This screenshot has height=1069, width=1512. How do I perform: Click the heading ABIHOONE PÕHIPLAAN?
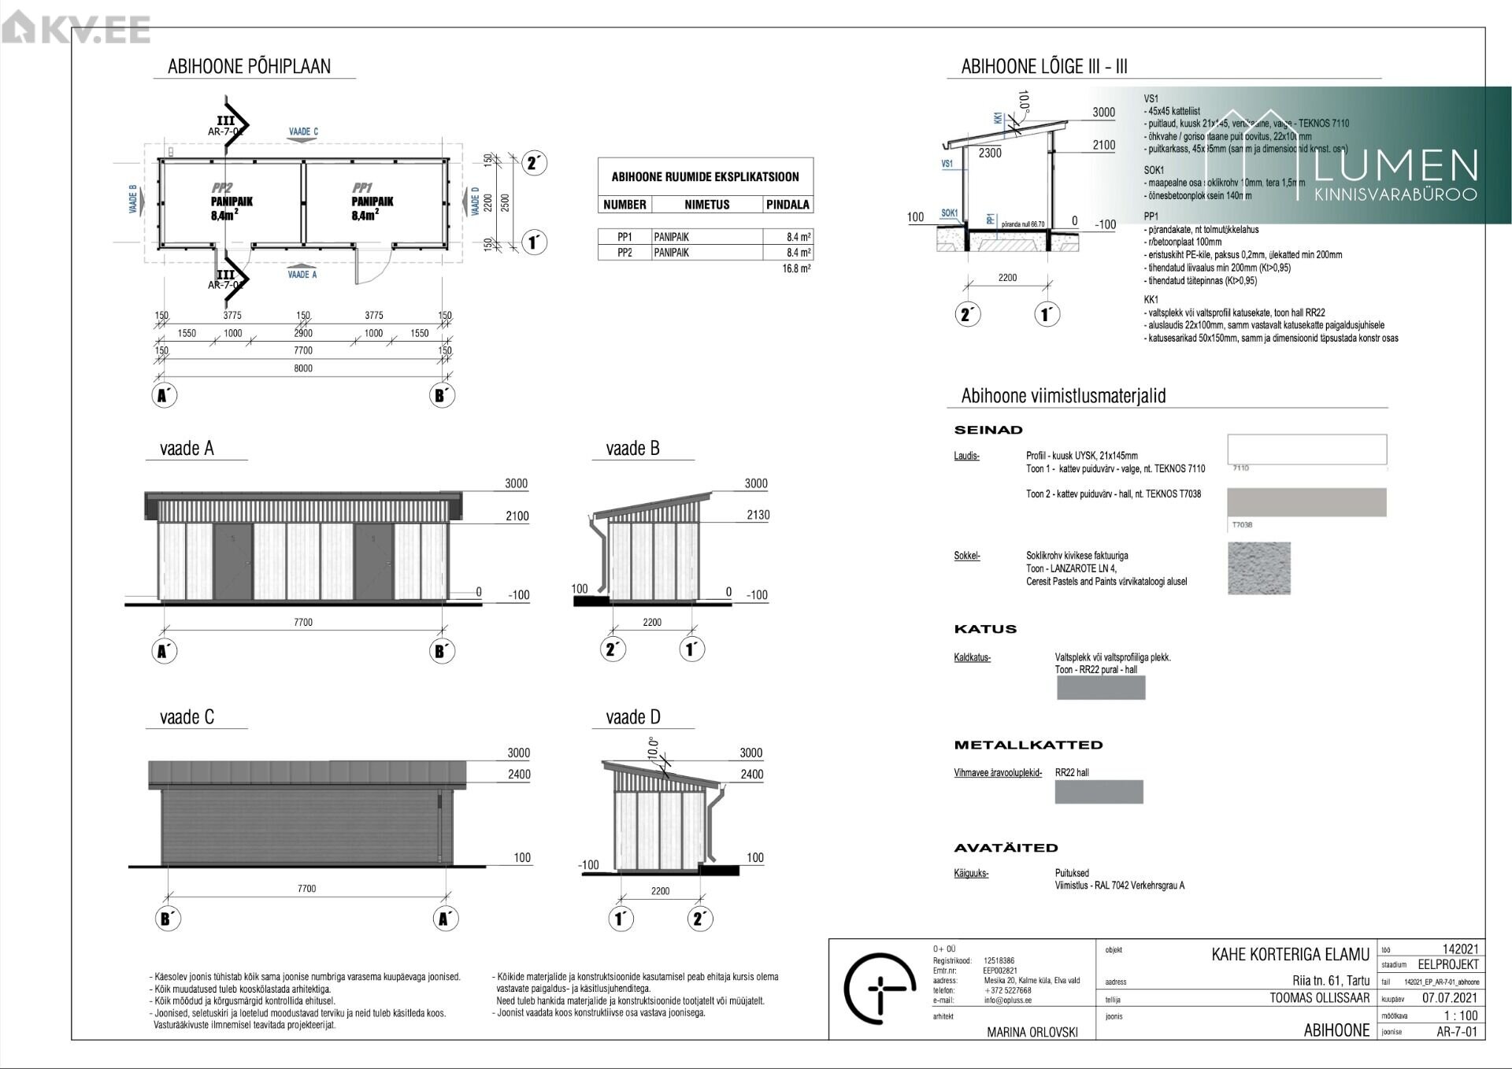[x=249, y=67]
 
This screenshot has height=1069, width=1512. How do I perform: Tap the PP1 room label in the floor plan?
[x=362, y=188]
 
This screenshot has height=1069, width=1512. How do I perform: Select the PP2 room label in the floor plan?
[x=222, y=188]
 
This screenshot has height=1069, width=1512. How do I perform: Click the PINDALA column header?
[x=787, y=205]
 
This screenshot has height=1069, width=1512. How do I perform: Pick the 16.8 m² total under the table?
[x=796, y=268]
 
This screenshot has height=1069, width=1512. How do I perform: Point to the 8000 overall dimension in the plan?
[x=303, y=368]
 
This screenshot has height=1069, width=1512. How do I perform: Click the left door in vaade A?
[x=233, y=560]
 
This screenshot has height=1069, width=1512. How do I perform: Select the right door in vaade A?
[x=374, y=560]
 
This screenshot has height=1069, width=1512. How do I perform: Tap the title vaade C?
[x=187, y=717]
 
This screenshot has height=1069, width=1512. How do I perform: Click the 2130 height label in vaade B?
[x=757, y=515]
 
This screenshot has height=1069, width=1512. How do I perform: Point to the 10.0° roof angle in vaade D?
[x=652, y=746]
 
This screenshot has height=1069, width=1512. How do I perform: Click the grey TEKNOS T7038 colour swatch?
[x=1306, y=501]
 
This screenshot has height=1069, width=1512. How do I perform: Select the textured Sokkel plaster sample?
[x=1258, y=568]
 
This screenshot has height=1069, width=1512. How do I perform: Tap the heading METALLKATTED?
[x=1028, y=745]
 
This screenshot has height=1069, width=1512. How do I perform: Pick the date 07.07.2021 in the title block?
[x=1450, y=997]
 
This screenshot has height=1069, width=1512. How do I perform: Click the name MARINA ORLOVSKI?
[x=1032, y=1032]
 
